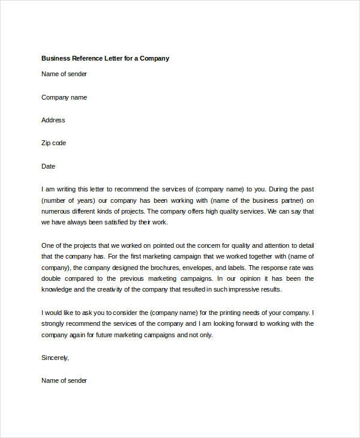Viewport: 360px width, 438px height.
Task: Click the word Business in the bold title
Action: tap(56, 58)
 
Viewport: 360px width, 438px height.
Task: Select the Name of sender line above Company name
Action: tap(64, 74)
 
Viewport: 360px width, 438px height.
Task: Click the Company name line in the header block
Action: tap(64, 97)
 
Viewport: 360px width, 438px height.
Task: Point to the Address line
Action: tap(53, 120)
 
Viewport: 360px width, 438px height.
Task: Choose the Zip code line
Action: tap(53, 143)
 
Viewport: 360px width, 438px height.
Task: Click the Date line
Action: tap(48, 166)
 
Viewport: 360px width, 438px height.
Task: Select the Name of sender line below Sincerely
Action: tap(64, 380)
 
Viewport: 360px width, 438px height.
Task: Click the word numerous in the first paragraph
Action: tap(56, 211)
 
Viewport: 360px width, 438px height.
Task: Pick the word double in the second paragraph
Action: tap(52, 278)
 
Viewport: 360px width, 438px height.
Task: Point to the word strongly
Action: tap(54, 323)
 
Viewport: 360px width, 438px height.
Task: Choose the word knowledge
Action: tap(59, 289)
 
